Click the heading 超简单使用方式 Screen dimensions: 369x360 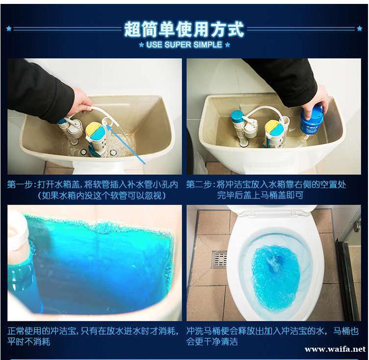click(184, 29)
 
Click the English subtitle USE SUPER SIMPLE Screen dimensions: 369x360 click(184, 45)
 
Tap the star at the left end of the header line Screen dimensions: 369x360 click(9, 28)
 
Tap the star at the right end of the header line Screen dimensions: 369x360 click(360, 28)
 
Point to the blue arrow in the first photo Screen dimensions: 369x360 click(126, 144)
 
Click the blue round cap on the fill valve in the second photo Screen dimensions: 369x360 click(238, 116)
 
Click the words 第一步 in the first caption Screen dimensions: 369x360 click(20, 185)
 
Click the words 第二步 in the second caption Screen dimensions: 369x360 click(199, 185)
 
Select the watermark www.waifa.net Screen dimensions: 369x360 click(335, 349)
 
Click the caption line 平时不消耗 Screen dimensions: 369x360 click(28, 341)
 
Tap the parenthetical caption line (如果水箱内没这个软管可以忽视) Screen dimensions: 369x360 click(102, 195)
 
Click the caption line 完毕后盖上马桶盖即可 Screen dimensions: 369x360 click(260, 195)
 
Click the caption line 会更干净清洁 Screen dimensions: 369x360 click(212, 341)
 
